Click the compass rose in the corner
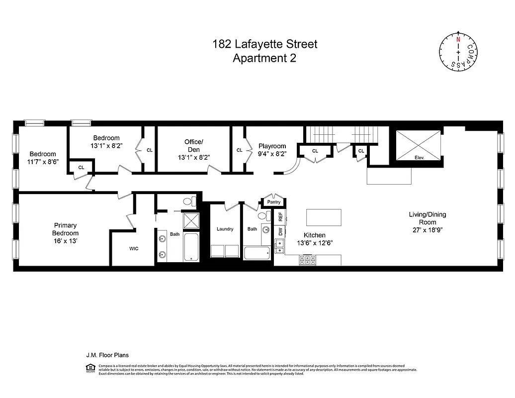tap(458, 51)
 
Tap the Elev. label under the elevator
tap(418, 157)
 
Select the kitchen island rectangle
tap(324, 218)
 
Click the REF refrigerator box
tap(280, 217)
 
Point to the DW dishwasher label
tap(280, 231)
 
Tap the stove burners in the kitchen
tap(306, 260)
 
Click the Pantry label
tap(274, 202)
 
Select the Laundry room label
tap(225, 229)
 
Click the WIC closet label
tap(134, 248)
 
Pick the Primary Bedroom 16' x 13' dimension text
tap(66, 240)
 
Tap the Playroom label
tap(272, 146)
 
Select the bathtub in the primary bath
tap(191, 247)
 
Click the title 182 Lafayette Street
tap(264, 44)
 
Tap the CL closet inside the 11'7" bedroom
tap(81, 167)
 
